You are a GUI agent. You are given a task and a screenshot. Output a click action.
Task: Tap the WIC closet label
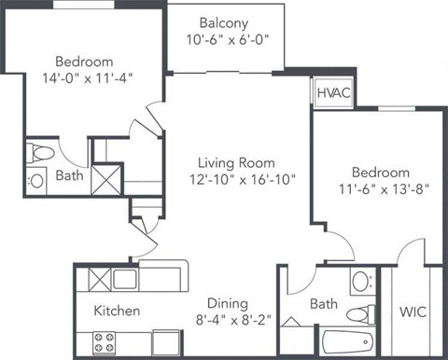tap(414, 311)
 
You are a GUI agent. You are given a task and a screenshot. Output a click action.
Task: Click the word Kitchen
tap(117, 311)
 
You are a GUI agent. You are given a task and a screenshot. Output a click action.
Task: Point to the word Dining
tap(228, 303)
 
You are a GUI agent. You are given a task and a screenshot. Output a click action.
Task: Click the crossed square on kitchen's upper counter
tap(99, 277)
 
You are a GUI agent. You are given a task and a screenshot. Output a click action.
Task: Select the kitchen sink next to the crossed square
tap(125, 277)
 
